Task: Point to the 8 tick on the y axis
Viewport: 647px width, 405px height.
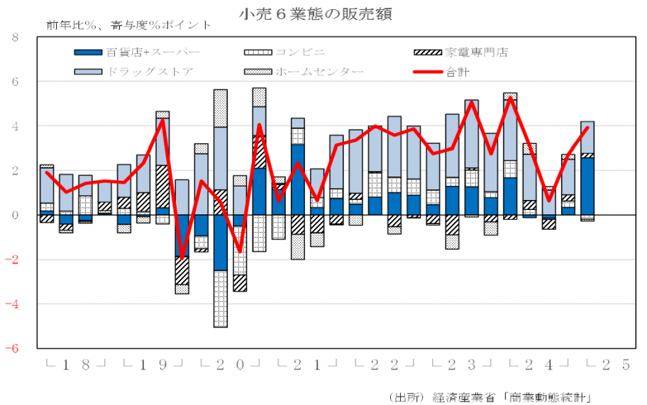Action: click(x=15, y=38)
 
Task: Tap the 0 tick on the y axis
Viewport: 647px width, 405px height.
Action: click(x=15, y=215)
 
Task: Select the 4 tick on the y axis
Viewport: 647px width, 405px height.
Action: click(x=15, y=126)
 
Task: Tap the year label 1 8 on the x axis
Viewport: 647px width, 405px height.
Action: click(x=75, y=365)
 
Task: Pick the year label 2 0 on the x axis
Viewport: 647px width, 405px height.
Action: click(x=230, y=365)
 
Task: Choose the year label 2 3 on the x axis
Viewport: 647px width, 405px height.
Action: click(x=462, y=365)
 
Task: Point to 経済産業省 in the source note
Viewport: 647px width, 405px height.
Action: click(x=465, y=395)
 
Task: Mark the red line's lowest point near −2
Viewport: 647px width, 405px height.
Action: click(x=182, y=258)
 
